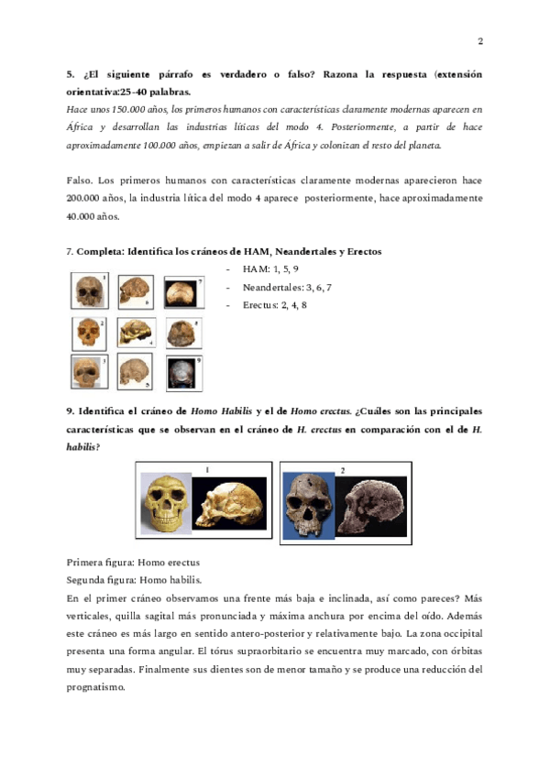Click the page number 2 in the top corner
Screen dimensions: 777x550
tap(480, 41)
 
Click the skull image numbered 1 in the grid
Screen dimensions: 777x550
tap(89, 291)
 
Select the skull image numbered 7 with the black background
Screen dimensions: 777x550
tap(183, 292)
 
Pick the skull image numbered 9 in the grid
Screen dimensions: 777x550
tap(183, 373)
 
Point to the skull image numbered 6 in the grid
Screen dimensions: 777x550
tap(137, 291)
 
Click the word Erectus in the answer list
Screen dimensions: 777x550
tap(260, 305)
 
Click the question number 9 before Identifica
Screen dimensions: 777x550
tap(71, 411)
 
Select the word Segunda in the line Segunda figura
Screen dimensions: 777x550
tap(89, 579)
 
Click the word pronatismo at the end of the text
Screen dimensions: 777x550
tap(97, 686)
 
